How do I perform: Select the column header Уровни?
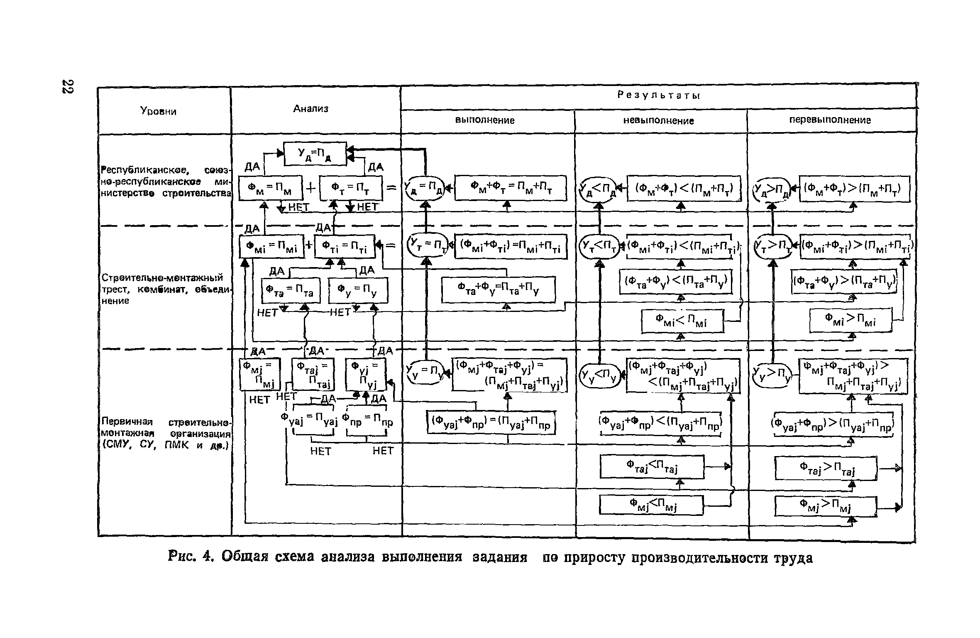pyautogui.click(x=158, y=111)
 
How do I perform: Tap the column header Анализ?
pyautogui.click(x=310, y=109)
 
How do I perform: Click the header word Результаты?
pyautogui.click(x=658, y=96)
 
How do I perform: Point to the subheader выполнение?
pyautogui.click(x=485, y=120)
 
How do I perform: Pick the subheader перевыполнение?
pyautogui.click(x=830, y=120)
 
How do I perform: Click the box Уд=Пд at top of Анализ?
pyautogui.click(x=315, y=154)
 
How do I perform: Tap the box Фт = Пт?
pyautogui.click(x=351, y=189)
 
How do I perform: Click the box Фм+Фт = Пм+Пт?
pyautogui.click(x=511, y=188)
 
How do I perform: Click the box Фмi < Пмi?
pyautogui.click(x=682, y=321)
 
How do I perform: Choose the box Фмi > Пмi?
pyautogui.click(x=850, y=320)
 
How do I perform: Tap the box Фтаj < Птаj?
pyautogui.click(x=652, y=466)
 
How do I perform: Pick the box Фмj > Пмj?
pyautogui.click(x=825, y=506)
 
